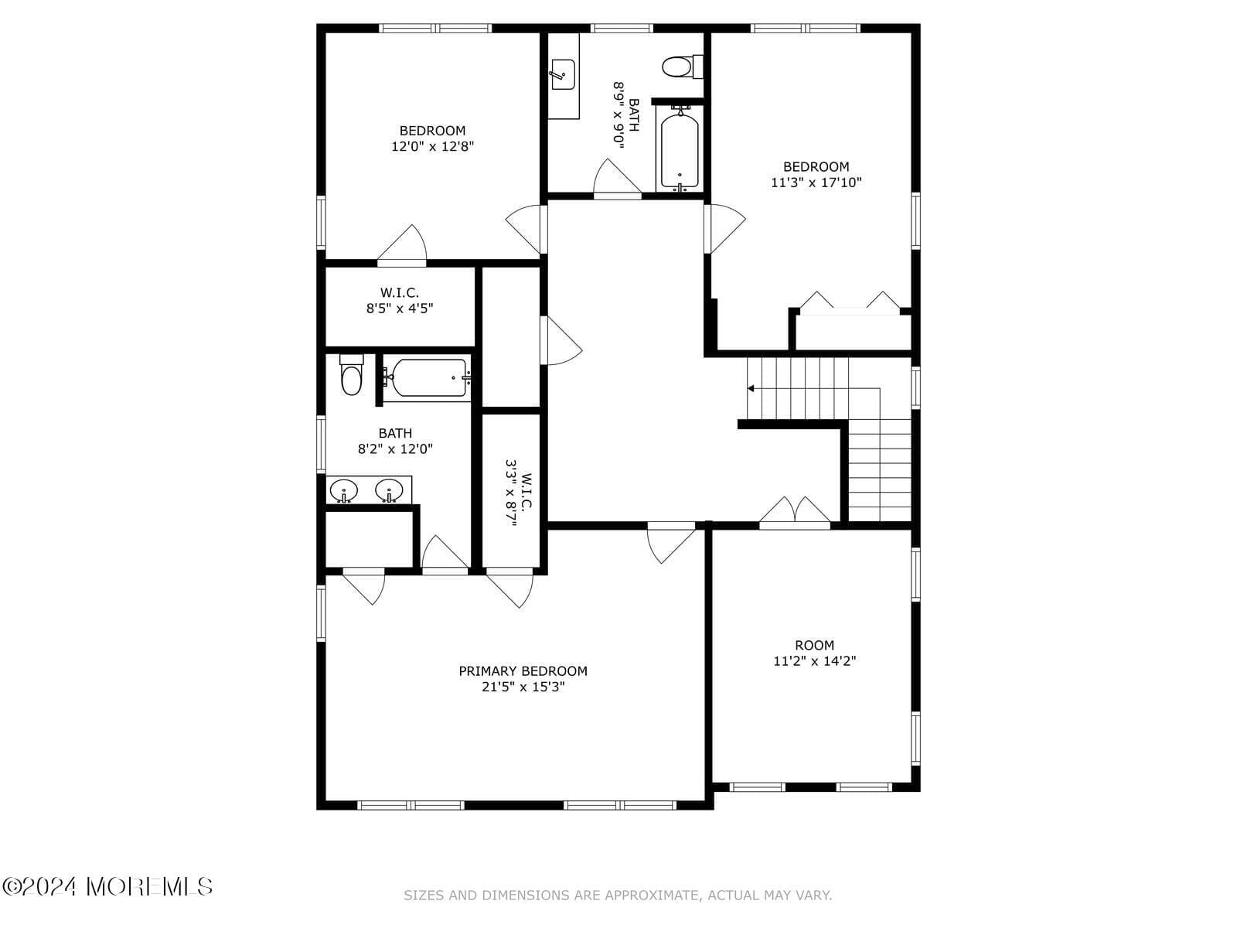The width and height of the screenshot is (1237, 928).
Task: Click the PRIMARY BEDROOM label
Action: click(523, 671)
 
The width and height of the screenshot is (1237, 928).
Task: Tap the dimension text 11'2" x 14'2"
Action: click(814, 661)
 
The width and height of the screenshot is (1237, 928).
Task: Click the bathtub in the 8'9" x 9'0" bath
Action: click(680, 149)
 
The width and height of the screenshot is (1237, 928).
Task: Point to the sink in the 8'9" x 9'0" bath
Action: click(562, 75)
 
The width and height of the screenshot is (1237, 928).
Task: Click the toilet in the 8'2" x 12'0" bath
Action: click(351, 374)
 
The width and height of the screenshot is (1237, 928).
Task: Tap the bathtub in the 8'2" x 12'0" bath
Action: click(427, 378)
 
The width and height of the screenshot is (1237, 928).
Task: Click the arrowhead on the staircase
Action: click(751, 388)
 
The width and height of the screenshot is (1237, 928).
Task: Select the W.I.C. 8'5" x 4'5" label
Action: click(400, 300)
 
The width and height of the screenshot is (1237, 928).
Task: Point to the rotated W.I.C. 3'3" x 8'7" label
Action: click(519, 493)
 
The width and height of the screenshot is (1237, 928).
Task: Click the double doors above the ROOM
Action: click(795, 512)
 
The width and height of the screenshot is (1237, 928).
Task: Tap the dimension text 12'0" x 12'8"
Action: click(432, 146)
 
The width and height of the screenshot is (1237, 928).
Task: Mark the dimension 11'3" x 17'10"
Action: click(816, 183)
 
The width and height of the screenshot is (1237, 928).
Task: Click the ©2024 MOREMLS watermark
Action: click(107, 886)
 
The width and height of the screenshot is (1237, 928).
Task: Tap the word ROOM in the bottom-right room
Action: click(814, 645)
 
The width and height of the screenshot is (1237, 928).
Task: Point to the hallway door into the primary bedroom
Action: click(671, 542)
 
